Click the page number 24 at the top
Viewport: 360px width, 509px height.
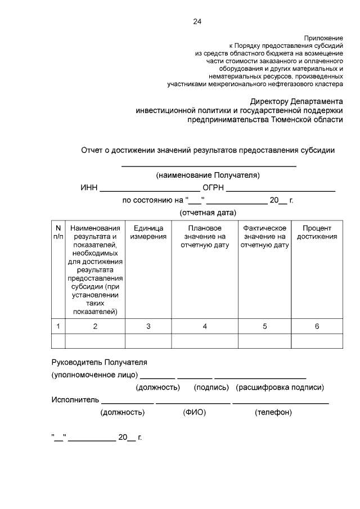pyautogui.click(x=197, y=22)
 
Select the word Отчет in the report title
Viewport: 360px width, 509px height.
pyautogui.click(x=92, y=150)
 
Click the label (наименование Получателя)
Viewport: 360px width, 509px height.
pyautogui.click(x=208, y=175)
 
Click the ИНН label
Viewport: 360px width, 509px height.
pyautogui.click(x=88, y=188)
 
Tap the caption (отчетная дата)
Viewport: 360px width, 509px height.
pyautogui.click(x=208, y=213)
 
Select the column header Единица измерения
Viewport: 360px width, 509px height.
pyautogui.click(x=148, y=232)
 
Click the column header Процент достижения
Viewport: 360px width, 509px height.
pyautogui.click(x=317, y=232)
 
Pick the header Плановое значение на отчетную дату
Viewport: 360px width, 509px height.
pyautogui.click(x=205, y=237)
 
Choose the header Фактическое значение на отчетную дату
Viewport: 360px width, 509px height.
pyautogui.click(x=264, y=237)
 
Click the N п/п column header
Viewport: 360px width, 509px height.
pyautogui.click(x=58, y=232)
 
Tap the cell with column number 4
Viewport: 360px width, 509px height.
pyautogui.click(x=205, y=326)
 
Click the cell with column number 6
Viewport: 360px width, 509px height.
pyautogui.click(x=317, y=326)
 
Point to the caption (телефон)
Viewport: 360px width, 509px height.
pyautogui.click(x=273, y=412)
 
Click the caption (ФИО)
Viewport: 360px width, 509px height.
pyautogui.click(x=194, y=412)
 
